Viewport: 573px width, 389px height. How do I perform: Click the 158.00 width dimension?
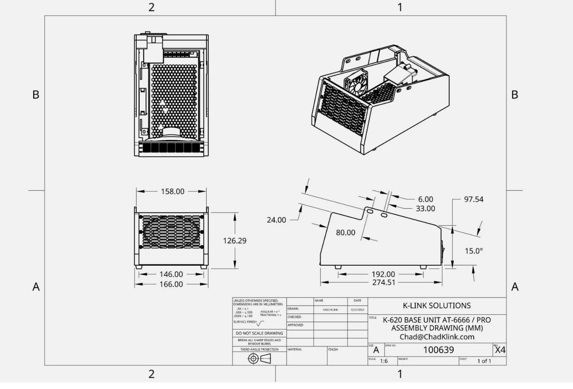click(172, 192)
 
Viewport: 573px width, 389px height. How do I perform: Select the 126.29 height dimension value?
click(235, 241)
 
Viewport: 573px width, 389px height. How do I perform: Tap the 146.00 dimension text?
click(171, 274)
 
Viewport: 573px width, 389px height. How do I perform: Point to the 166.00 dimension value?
click(171, 284)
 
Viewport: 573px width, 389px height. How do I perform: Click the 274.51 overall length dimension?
click(383, 283)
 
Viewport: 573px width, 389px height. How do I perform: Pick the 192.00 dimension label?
click(383, 274)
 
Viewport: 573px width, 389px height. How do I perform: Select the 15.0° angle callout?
click(474, 251)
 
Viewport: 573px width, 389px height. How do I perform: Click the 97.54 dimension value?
click(474, 199)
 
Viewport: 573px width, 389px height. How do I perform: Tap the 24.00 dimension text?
click(276, 220)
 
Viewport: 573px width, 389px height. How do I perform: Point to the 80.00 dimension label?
click(345, 232)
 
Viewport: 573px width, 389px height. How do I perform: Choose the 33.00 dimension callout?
click(425, 208)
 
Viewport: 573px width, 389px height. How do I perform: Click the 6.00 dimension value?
click(425, 199)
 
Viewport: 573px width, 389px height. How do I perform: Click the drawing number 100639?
click(438, 350)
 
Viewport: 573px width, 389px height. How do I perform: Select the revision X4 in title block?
click(500, 350)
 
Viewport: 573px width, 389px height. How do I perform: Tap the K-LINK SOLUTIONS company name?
click(437, 306)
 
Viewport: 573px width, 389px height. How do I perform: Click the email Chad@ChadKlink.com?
click(437, 337)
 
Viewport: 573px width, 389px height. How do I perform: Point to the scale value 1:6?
click(383, 361)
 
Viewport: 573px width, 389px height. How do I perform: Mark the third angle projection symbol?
click(260, 359)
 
